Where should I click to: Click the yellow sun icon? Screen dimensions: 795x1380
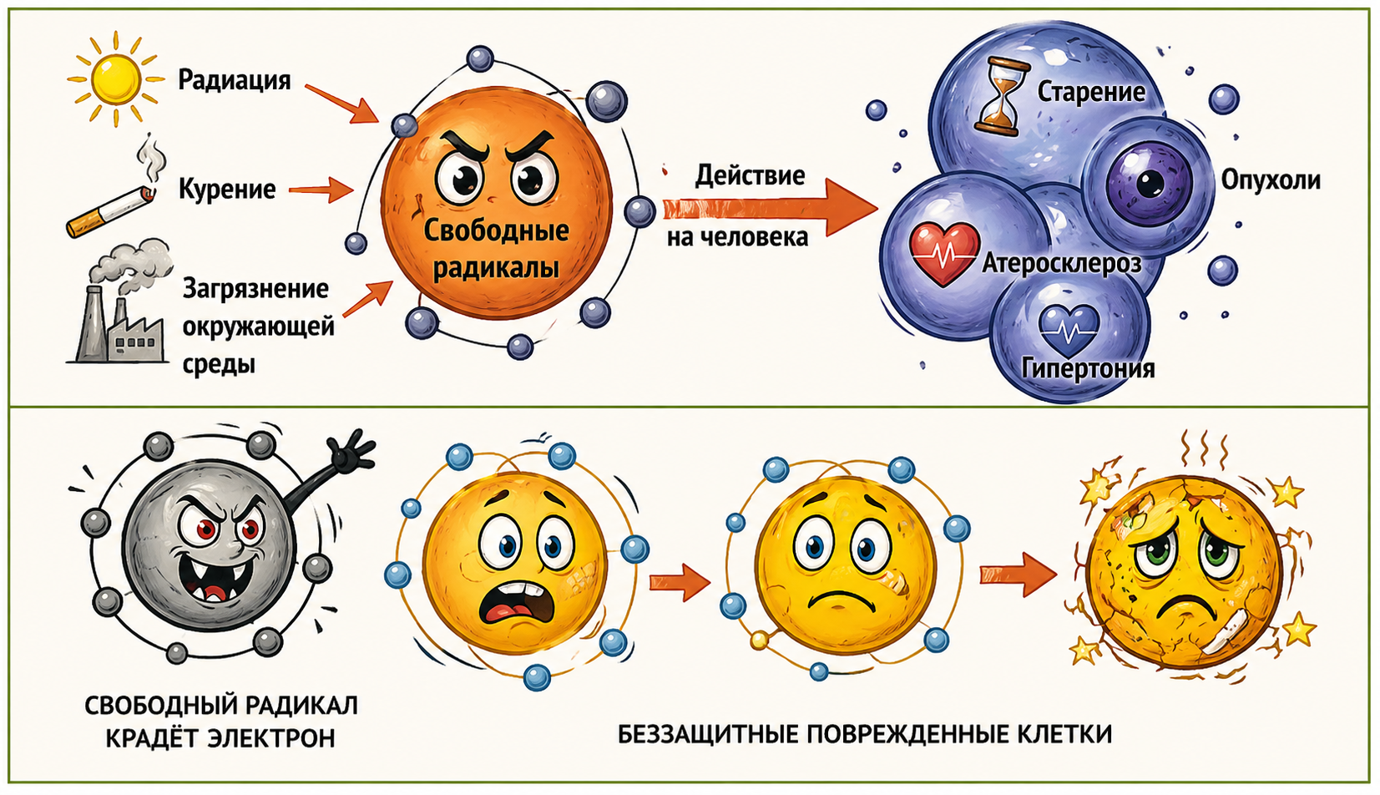coord(115,79)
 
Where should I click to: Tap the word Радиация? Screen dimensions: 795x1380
coord(235,80)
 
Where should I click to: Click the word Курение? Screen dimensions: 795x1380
coord(227,190)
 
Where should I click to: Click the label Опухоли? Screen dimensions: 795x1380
coord(1271,180)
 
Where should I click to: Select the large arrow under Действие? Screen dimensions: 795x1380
coord(768,208)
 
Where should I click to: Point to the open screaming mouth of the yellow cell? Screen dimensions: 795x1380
coord(509,613)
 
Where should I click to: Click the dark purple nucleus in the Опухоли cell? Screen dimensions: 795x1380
coord(1150,182)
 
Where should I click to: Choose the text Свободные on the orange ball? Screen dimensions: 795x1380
coord(496,230)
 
